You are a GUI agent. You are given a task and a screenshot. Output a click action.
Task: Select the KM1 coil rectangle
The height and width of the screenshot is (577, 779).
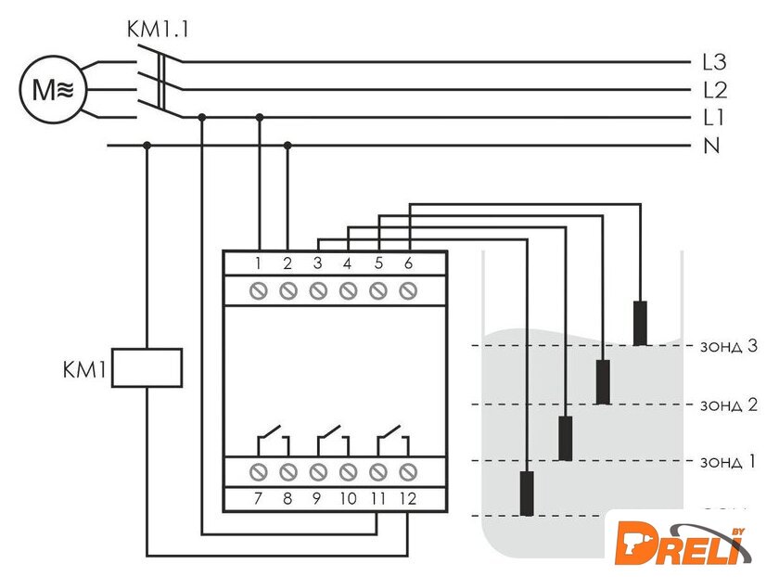(147, 366)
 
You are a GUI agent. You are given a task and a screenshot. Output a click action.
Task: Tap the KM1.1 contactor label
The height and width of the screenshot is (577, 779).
(157, 29)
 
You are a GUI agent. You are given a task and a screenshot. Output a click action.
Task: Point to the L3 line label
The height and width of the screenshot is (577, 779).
(714, 63)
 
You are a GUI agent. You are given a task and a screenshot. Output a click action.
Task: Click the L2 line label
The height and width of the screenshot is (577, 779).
(714, 91)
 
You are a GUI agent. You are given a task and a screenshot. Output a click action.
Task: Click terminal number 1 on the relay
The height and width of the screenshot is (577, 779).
(258, 263)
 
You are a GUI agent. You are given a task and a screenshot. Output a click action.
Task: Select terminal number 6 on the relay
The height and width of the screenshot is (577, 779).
(407, 263)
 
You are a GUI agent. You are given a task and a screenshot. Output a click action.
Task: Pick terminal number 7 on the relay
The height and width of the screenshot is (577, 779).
(258, 498)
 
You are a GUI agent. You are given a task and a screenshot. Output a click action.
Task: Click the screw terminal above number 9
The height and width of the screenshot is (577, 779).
(317, 471)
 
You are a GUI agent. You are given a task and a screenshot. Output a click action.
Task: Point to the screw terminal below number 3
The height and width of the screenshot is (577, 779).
(317, 291)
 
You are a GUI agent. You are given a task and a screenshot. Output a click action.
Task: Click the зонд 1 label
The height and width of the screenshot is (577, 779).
(727, 461)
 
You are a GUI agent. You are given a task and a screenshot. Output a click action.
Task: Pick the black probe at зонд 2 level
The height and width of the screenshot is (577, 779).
(603, 380)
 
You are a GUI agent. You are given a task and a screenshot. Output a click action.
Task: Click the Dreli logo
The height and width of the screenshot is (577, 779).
(683, 543)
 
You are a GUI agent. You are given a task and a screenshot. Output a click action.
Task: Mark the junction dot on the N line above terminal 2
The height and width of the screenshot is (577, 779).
(287, 145)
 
